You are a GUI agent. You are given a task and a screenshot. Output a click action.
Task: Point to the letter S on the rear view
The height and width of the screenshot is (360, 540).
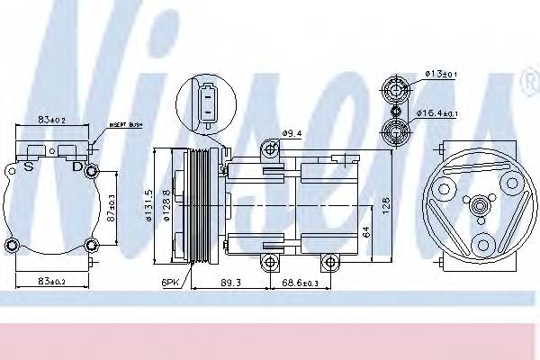(29, 166)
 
